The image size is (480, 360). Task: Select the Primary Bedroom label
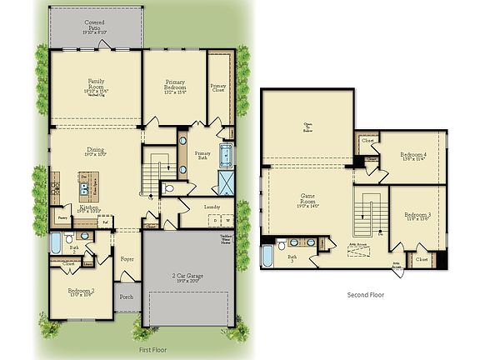click(174, 85)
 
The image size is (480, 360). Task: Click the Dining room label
click(96, 152)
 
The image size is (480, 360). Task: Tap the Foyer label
click(127, 259)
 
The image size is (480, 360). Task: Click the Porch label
click(127, 297)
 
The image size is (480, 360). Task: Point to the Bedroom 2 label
click(81, 292)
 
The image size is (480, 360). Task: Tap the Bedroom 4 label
click(414, 156)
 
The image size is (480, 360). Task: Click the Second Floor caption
click(365, 294)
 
